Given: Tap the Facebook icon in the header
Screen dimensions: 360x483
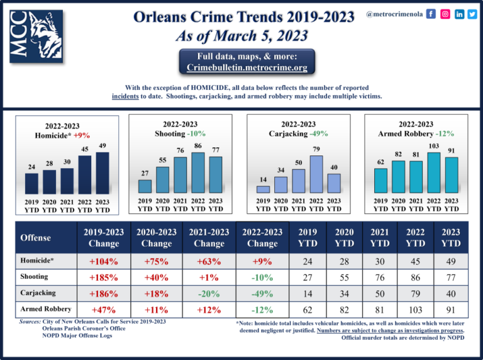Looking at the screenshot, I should [431, 13].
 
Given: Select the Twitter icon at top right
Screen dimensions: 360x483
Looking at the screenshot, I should [472, 13].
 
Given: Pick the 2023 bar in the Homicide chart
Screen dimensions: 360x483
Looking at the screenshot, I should [103, 172].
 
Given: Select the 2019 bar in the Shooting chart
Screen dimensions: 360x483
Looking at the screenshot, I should [145, 186].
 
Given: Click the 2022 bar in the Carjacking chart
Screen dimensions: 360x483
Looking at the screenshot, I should [316, 174].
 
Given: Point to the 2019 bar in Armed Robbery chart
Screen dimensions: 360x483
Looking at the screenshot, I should [380, 180].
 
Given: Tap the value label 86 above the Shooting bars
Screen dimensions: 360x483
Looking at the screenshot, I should [198, 146].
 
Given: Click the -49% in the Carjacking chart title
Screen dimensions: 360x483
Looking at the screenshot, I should [318, 133].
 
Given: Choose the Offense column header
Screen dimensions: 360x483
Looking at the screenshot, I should [36, 237].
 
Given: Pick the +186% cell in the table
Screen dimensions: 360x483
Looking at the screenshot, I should [103, 292].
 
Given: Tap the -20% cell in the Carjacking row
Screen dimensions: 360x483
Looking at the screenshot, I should [209, 292].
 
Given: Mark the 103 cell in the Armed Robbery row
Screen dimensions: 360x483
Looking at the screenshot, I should [416, 308].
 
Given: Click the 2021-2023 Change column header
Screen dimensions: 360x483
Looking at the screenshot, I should [209, 237].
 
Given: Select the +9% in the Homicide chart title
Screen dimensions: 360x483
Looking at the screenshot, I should [82, 135].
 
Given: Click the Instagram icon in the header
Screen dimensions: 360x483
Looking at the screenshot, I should [445, 13].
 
